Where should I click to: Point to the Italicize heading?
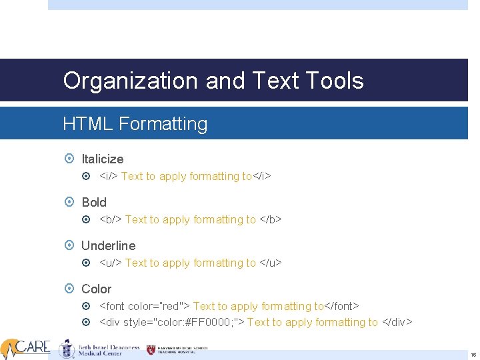pos(102,159)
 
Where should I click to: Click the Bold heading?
pos(94,203)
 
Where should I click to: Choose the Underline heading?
pos(108,246)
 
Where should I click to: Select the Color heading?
pos(96,289)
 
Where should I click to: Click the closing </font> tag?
pos(342,307)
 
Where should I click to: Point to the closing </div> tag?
pos(397,323)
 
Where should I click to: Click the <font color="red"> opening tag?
pos(145,307)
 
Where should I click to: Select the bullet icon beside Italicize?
pos(70,159)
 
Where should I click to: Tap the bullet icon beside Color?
pos(70,289)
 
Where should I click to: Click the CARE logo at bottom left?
pos(27,347)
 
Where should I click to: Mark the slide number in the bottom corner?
pos(473,355)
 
